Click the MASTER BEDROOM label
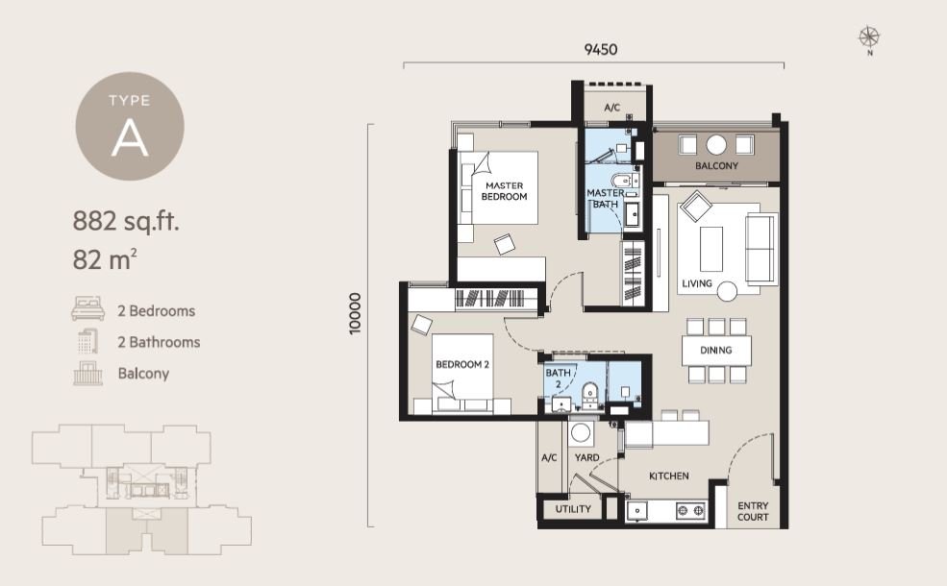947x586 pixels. [505, 191]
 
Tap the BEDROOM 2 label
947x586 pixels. [462, 364]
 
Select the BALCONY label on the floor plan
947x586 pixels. [716, 166]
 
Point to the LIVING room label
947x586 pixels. [697, 283]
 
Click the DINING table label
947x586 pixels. [715, 350]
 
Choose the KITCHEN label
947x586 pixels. [668, 476]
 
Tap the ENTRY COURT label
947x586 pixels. [753, 511]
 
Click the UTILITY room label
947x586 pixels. [573, 509]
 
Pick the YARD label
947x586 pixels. [587, 458]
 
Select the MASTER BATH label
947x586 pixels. [605, 199]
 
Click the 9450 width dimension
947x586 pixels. [601, 50]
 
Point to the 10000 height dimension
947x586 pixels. [355, 313]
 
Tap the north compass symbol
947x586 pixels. [869, 38]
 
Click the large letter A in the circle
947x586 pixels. [130, 140]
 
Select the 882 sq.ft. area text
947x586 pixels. [126, 222]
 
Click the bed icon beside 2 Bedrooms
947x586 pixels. [88, 308]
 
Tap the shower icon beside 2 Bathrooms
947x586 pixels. [87, 342]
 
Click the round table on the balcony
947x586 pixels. [716, 145]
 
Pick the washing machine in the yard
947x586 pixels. [581, 432]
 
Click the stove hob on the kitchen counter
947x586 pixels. [691, 510]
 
